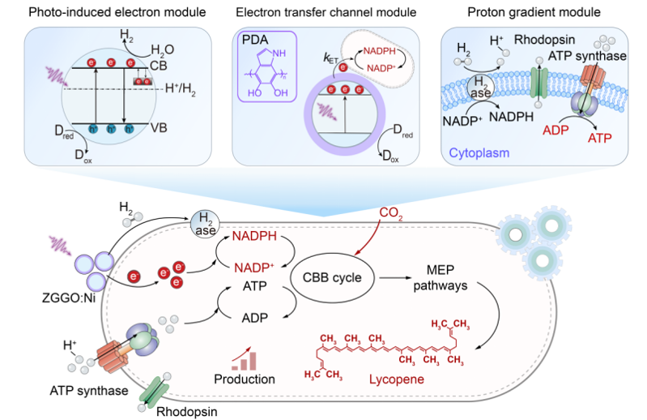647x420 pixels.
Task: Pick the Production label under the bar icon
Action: [245, 378]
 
